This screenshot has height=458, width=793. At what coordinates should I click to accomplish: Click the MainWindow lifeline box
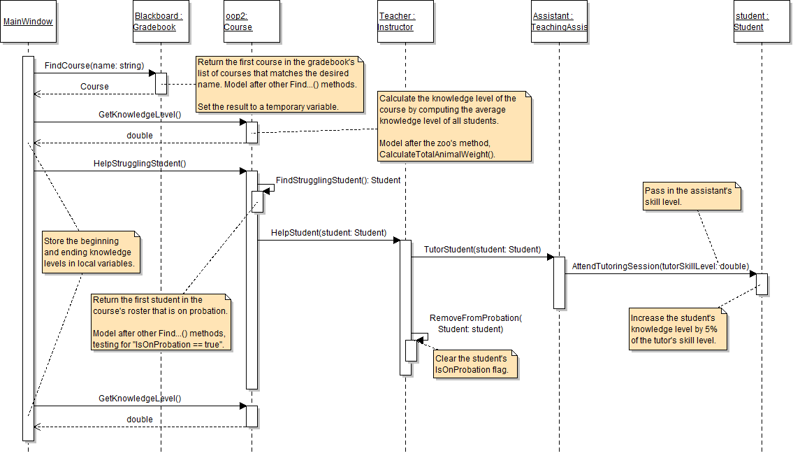(28, 22)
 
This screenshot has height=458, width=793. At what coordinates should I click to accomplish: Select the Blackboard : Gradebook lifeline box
(161, 22)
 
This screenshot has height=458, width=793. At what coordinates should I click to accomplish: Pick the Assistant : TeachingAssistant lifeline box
(559, 22)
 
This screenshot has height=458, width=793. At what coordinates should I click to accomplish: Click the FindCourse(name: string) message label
(94, 66)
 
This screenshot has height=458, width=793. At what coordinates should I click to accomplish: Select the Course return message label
(95, 87)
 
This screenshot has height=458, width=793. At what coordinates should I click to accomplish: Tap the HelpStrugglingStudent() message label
(140, 164)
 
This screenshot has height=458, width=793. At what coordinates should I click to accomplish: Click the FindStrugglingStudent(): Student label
(338, 180)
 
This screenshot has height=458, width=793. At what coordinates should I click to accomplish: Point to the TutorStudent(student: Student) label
(482, 249)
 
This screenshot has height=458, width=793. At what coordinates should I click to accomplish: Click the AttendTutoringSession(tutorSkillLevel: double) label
(660, 266)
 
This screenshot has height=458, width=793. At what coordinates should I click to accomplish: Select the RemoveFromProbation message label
(476, 323)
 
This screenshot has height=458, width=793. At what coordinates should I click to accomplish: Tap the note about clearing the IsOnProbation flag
(476, 364)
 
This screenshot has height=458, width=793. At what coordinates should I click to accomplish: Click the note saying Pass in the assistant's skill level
(691, 197)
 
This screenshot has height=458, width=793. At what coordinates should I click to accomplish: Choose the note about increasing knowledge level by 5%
(678, 329)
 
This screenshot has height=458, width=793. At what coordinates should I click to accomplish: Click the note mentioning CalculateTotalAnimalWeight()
(454, 126)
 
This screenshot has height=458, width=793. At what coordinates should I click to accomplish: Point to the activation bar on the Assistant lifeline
(559, 282)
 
